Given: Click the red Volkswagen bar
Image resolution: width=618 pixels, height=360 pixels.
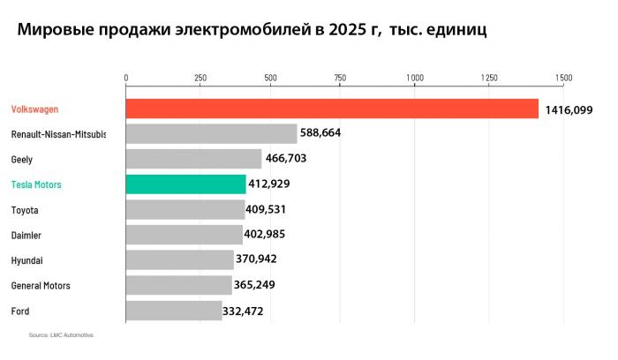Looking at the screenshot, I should (x=332, y=109).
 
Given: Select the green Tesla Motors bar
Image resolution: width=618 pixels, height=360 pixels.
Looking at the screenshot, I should (x=185, y=184).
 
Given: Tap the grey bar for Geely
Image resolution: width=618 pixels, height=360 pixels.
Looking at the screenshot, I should (x=194, y=159).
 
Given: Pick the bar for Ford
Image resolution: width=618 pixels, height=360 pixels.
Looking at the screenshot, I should (x=174, y=311).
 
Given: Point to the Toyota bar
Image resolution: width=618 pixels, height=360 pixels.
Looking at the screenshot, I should (x=185, y=209).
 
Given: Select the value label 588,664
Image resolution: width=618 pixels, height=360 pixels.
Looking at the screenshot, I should (x=320, y=133).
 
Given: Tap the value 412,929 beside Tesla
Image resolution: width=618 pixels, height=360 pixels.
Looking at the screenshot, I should (x=269, y=184).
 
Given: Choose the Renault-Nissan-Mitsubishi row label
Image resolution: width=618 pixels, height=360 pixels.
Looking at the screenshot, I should (x=58, y=134).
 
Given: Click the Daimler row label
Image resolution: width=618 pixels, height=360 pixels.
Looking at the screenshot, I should (x=26, y=236).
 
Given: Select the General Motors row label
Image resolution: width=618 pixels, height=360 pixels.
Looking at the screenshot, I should (x=41, y=286).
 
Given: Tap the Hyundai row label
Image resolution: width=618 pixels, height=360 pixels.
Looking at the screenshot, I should (x=27, y=260).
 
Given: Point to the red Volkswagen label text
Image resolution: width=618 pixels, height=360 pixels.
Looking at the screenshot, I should (x=35, y=109).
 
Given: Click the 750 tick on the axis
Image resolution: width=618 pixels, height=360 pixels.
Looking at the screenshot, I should (x=341, y=78).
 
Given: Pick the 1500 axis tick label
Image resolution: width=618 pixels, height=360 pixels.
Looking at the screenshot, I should (x=563, y=78).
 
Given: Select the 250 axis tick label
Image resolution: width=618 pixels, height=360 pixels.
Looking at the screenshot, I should (x=200, y=78).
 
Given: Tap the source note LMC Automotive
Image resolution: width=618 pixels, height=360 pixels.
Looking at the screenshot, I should (x=61, y=336).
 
